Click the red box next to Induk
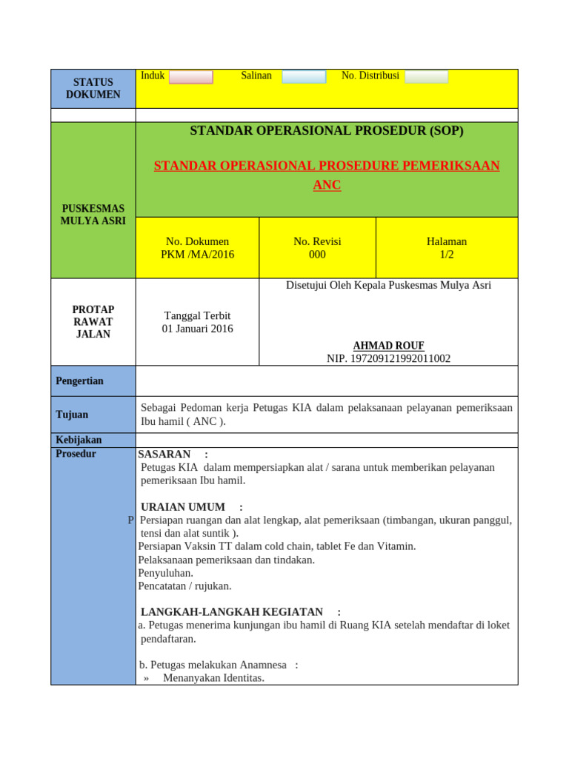click(190, 77)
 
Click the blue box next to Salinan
click(304, 77)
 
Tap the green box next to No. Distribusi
click(426, 77)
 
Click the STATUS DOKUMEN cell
click(93, 89)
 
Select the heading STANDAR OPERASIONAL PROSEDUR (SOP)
click(327, 131)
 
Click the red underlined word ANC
click(327, 185)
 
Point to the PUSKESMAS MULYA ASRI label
click(93, 215)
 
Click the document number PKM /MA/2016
click(197, 255)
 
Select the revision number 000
click(317, 255)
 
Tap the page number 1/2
click(446, 255)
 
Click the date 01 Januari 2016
click(197, 329)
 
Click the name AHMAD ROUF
click(388, 346)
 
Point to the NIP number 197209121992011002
click(388, 359)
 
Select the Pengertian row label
click(80, 381)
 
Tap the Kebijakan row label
click(79, 440)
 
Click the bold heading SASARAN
click(164, 454)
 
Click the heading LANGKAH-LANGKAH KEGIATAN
click(232, 612)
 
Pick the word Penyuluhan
click(165, 573)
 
